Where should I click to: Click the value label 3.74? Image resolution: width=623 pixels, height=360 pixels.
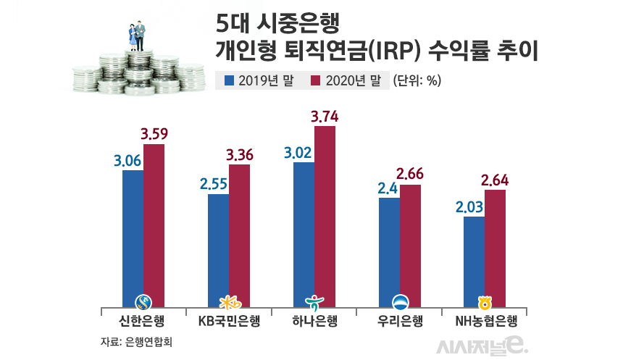click(x=324, y=116)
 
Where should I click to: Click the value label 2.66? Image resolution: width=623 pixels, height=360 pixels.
click(x=411, y=175)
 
